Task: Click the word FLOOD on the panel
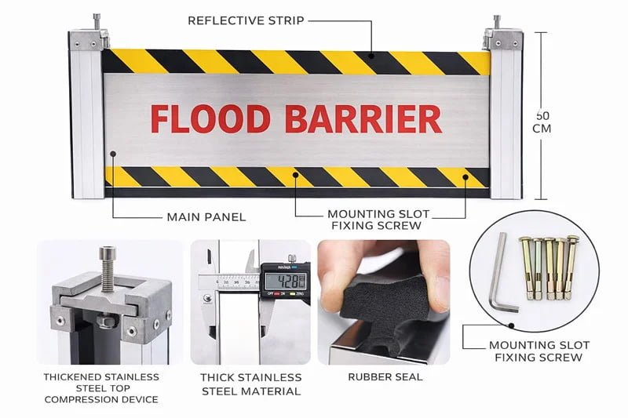click(x=210, y=119)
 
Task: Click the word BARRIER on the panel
click(x=363, y=119)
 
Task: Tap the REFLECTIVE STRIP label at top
click(x=246, y=20)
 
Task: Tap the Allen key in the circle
click(x=499, y=274)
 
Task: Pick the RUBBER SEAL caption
click(x=385, y=376)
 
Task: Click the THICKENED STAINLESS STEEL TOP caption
click(x=101, y=383)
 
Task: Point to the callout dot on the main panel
click(x=113, y=154)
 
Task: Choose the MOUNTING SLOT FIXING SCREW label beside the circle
click(x=539, y=351)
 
